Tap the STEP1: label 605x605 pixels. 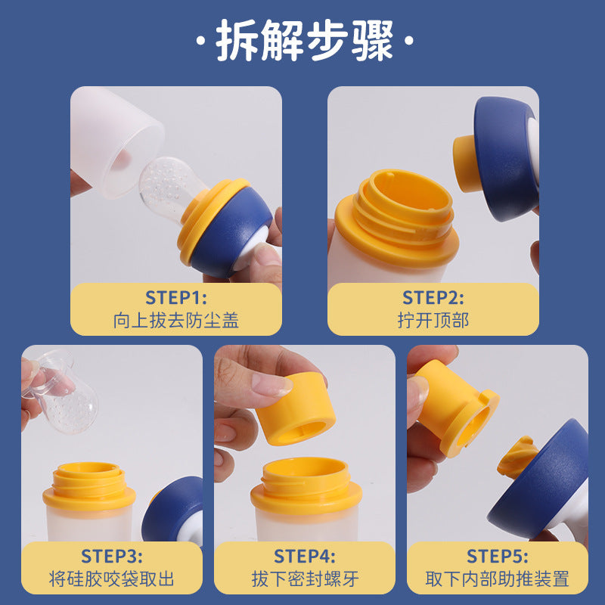175,297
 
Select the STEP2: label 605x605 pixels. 433,297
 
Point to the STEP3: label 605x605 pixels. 111,556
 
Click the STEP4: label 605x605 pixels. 305,556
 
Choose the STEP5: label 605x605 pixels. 497,556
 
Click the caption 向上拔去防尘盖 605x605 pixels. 175,320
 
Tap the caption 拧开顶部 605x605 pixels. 433,320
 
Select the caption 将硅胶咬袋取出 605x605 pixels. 111,580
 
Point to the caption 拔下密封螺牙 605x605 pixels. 305,580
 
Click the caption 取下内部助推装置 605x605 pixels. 497,580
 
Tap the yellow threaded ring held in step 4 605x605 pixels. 295,412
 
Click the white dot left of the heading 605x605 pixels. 200,41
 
